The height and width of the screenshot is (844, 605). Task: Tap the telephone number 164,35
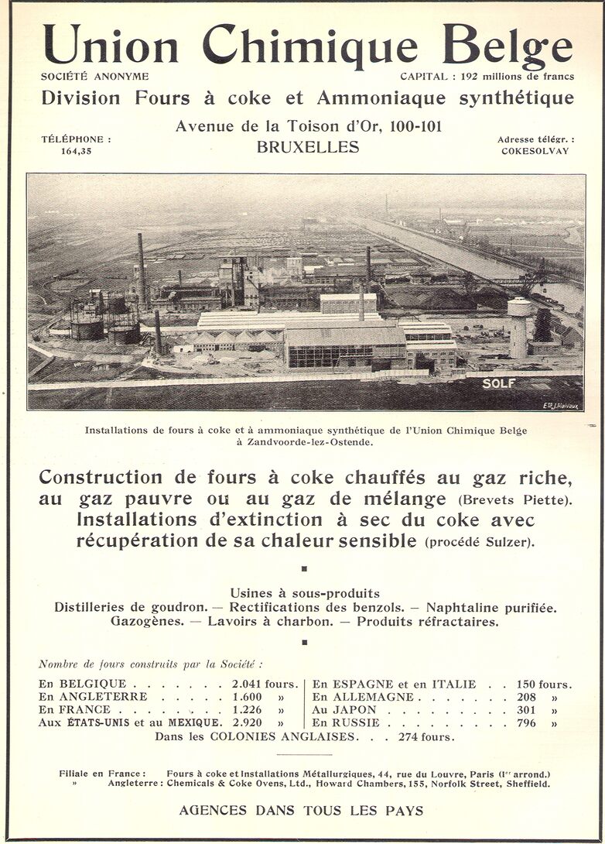coord(76,151)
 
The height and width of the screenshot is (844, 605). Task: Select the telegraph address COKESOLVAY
coord(535,151)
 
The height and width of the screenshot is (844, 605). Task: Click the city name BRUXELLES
coord(308,146)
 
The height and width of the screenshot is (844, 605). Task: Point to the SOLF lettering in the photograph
coord(498,383)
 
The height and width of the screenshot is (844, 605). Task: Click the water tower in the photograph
coord(519,325)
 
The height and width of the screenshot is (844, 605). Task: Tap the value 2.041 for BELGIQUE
coord(248,684)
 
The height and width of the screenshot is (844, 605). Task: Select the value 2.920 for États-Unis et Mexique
coord(248,722)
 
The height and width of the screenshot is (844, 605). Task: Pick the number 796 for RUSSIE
coord(526,722)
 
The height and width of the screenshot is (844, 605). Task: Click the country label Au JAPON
coord(344,709)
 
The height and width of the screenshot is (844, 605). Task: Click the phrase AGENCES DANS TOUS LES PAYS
coord(301,811)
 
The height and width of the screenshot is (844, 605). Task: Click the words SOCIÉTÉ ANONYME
coord(95,77)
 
